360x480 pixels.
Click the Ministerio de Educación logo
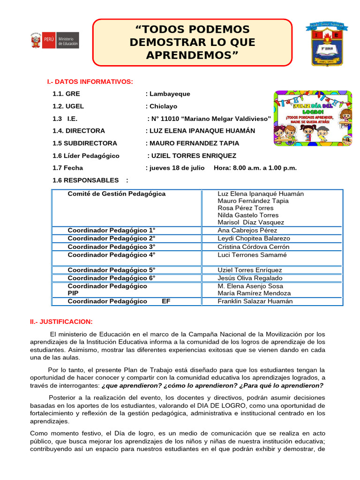click(x=55, y=40)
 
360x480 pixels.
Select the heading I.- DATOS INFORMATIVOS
click(x=90, y=82)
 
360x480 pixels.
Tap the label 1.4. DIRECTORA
click(x=79, y=131)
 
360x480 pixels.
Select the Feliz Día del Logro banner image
click(x=313, y=118)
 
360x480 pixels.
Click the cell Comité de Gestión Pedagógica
click(x=116, y=194)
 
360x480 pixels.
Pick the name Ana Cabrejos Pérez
click(x=247, y=230)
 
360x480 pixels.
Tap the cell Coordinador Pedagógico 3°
click(x=111, y=247)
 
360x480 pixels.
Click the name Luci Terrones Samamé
click(x=252, y=255)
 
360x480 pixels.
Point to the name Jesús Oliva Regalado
click(x=250, y=278)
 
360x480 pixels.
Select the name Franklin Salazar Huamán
click(x=255, y=301)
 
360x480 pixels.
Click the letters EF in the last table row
click(x=166, y=301)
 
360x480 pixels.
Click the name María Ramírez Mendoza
click(x=254, y=293)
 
